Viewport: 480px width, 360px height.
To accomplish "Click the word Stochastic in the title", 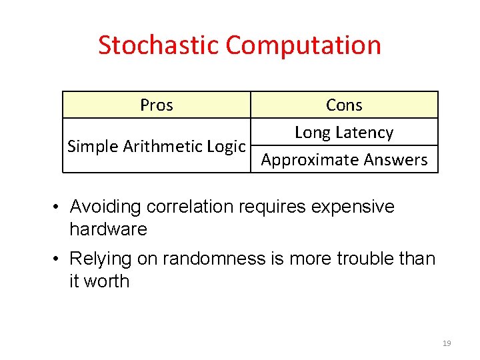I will coord(159,45).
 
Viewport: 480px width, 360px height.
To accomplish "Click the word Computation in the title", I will coord(303,45).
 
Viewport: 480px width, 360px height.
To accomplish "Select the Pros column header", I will coord(157,105).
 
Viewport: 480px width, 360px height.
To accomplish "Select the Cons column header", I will coord(344,105).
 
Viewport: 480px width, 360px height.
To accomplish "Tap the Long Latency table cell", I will coord(344,133).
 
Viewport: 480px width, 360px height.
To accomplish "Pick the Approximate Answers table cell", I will coord(344,160).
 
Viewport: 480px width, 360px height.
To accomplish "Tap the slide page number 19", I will coord(447,343).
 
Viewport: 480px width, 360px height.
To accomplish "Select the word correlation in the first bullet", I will coord(179,207).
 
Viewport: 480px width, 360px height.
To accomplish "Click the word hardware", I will coord(108,229).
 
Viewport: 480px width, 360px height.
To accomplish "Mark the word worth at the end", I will coord(107,281).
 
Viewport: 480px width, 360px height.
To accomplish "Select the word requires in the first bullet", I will coord(262,207).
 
